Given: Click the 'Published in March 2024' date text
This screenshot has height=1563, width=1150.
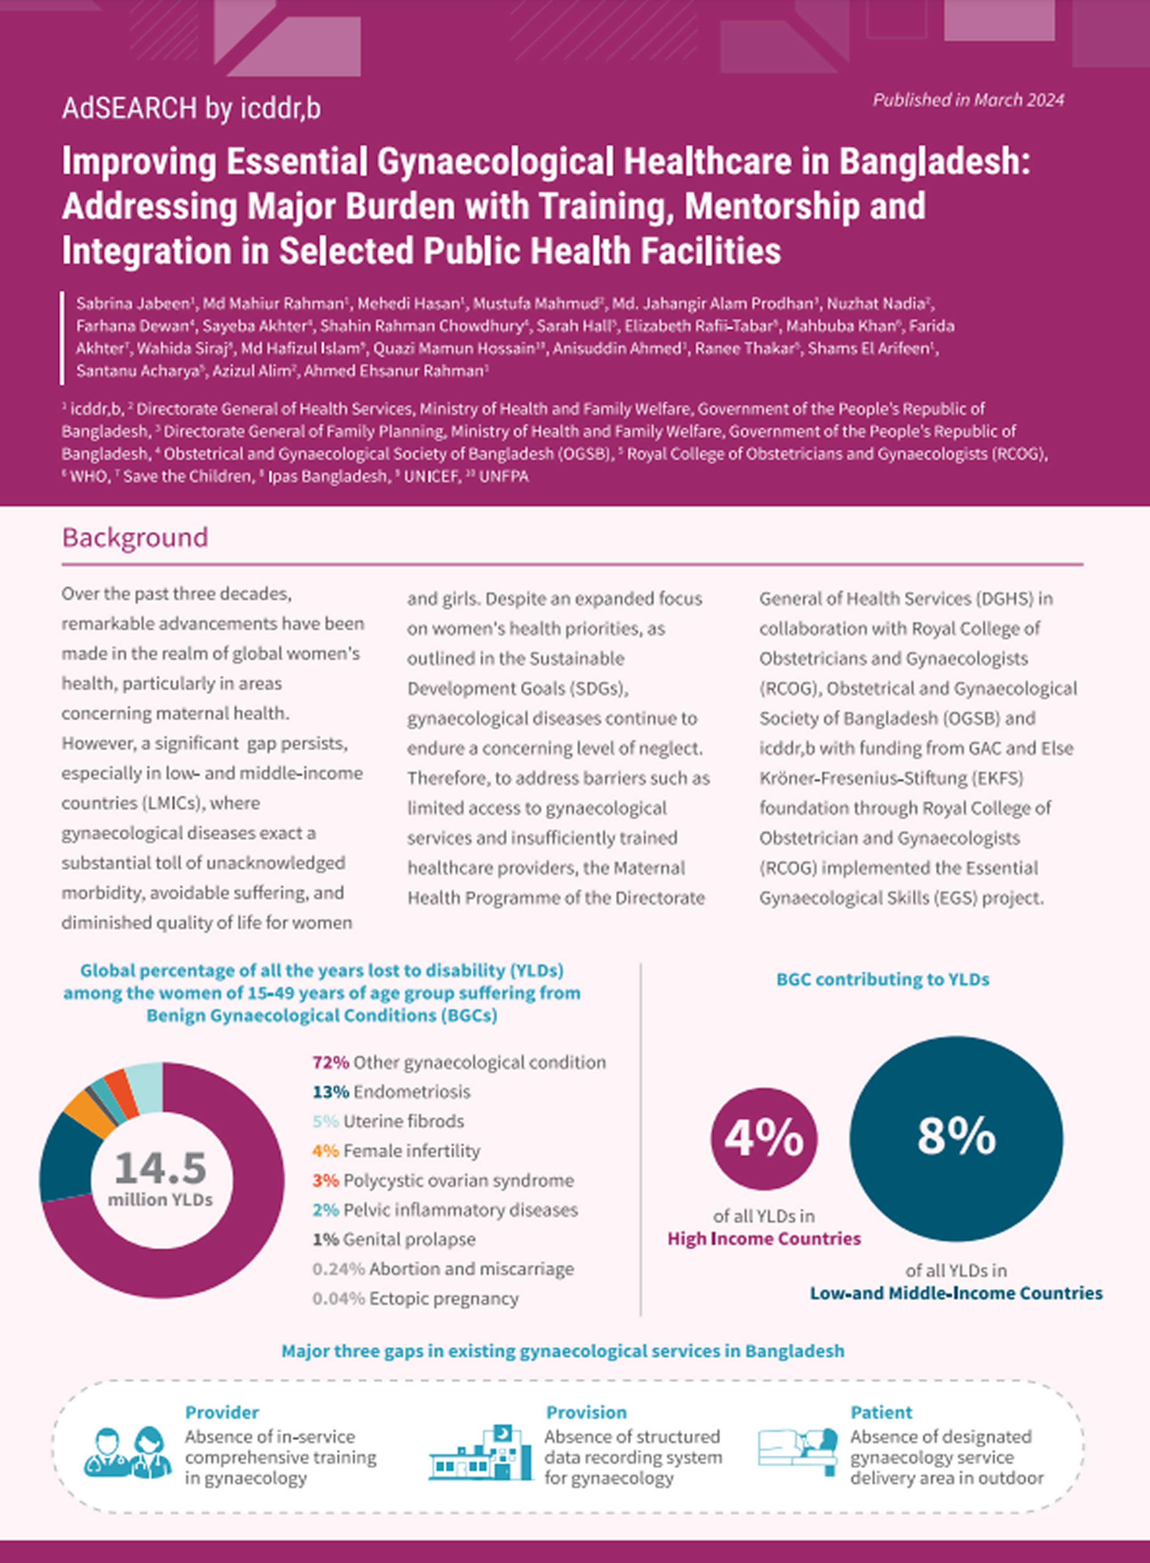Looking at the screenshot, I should click(968, 100).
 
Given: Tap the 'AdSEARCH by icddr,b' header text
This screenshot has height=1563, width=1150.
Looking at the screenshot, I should click(191, 109).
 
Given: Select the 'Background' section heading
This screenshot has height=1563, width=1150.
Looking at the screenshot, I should click(135, 537).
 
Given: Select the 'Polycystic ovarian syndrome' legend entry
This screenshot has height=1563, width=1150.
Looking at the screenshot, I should click(458, 1180).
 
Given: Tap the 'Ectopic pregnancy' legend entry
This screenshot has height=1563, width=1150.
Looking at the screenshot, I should click(444, 1298).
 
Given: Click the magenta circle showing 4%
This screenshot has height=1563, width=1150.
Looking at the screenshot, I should click(764, 1138).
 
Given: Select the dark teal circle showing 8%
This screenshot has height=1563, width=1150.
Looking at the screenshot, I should click(956, 1138).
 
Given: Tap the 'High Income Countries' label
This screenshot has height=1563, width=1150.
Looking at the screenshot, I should click(764, 1239).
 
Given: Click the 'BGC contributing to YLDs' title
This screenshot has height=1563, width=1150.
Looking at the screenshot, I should click(882, 979).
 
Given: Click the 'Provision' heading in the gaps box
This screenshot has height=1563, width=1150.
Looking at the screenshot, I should click(586, 1412).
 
